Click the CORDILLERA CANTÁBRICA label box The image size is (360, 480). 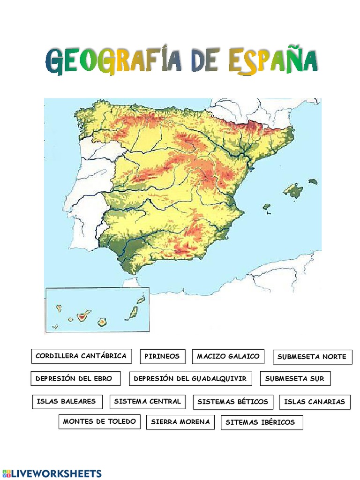pos(82,356)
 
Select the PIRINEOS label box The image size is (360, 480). pos(162,357)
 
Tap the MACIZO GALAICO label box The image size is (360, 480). pos(228,357)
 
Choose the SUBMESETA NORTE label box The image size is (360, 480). pos(312,357)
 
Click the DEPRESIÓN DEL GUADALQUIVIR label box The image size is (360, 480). pos(190,379)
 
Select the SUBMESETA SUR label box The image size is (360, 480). pos(295,379)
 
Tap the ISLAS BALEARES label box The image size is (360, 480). pos(67,402)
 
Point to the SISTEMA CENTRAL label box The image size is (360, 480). pos(148,402)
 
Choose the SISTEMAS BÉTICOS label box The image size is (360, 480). pos(233,402)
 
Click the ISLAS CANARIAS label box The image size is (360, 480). pos(315,402)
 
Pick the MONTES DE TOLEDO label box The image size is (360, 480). pos(99,421)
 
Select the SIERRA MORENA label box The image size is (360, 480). pos(180,422)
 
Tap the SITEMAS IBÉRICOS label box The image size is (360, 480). pos(262,422)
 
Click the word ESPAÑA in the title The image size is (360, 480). pos(273,62)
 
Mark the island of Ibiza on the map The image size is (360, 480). pos(267,206)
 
